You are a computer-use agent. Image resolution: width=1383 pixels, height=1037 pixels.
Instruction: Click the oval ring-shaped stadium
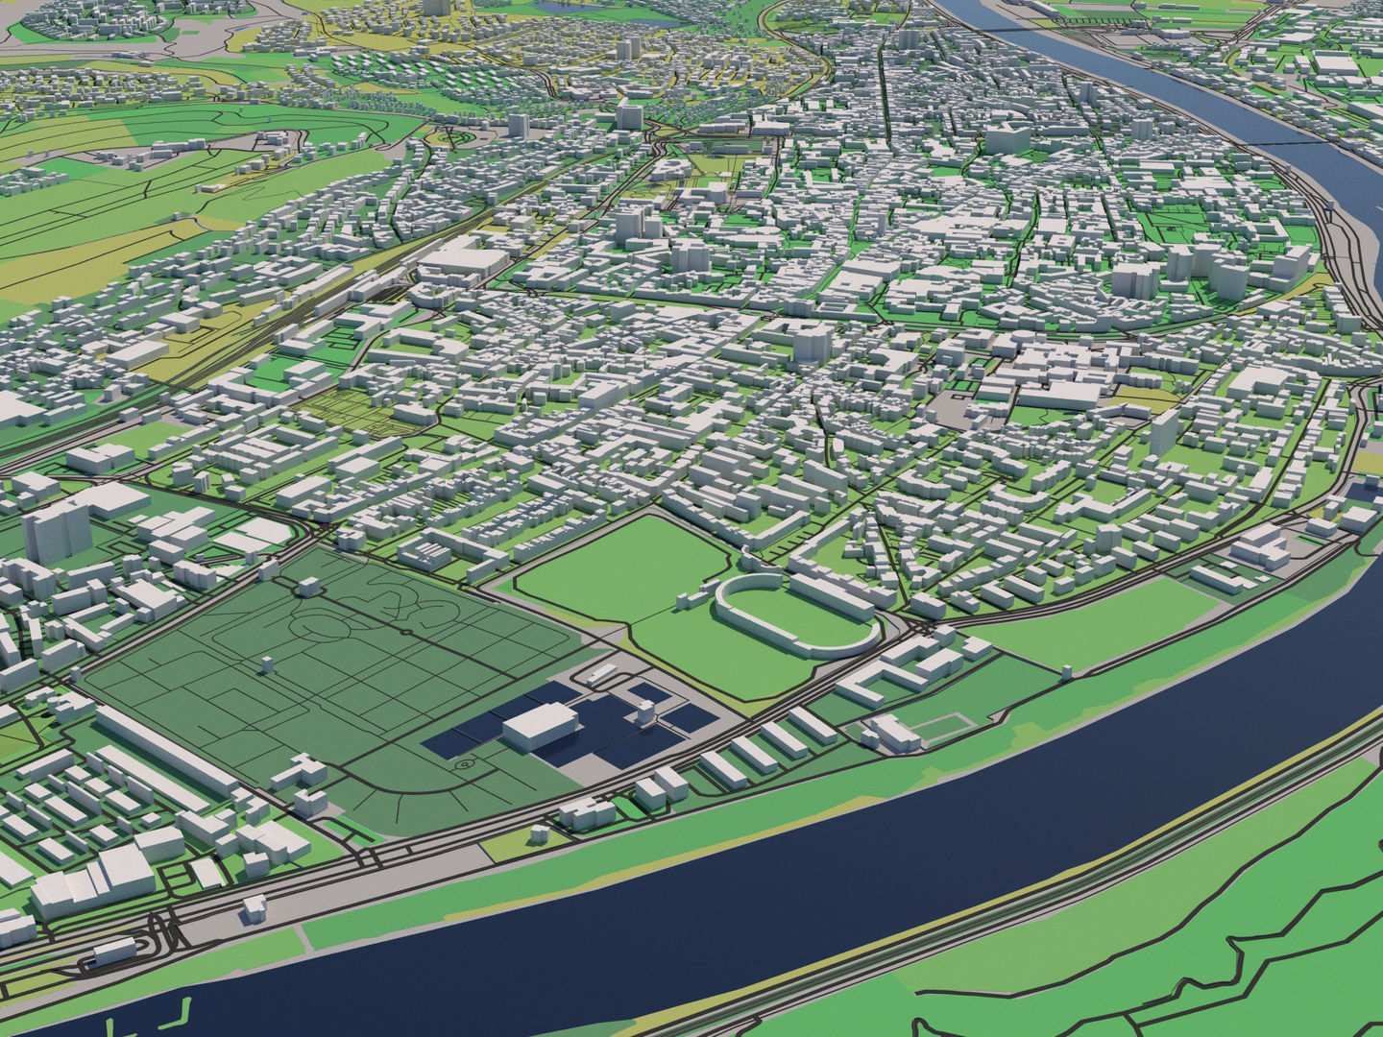pos(795,615)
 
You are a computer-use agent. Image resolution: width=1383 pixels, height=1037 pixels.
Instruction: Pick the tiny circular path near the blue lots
pos(466,765)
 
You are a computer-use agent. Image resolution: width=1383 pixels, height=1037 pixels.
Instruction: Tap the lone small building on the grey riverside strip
pos(255,905)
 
